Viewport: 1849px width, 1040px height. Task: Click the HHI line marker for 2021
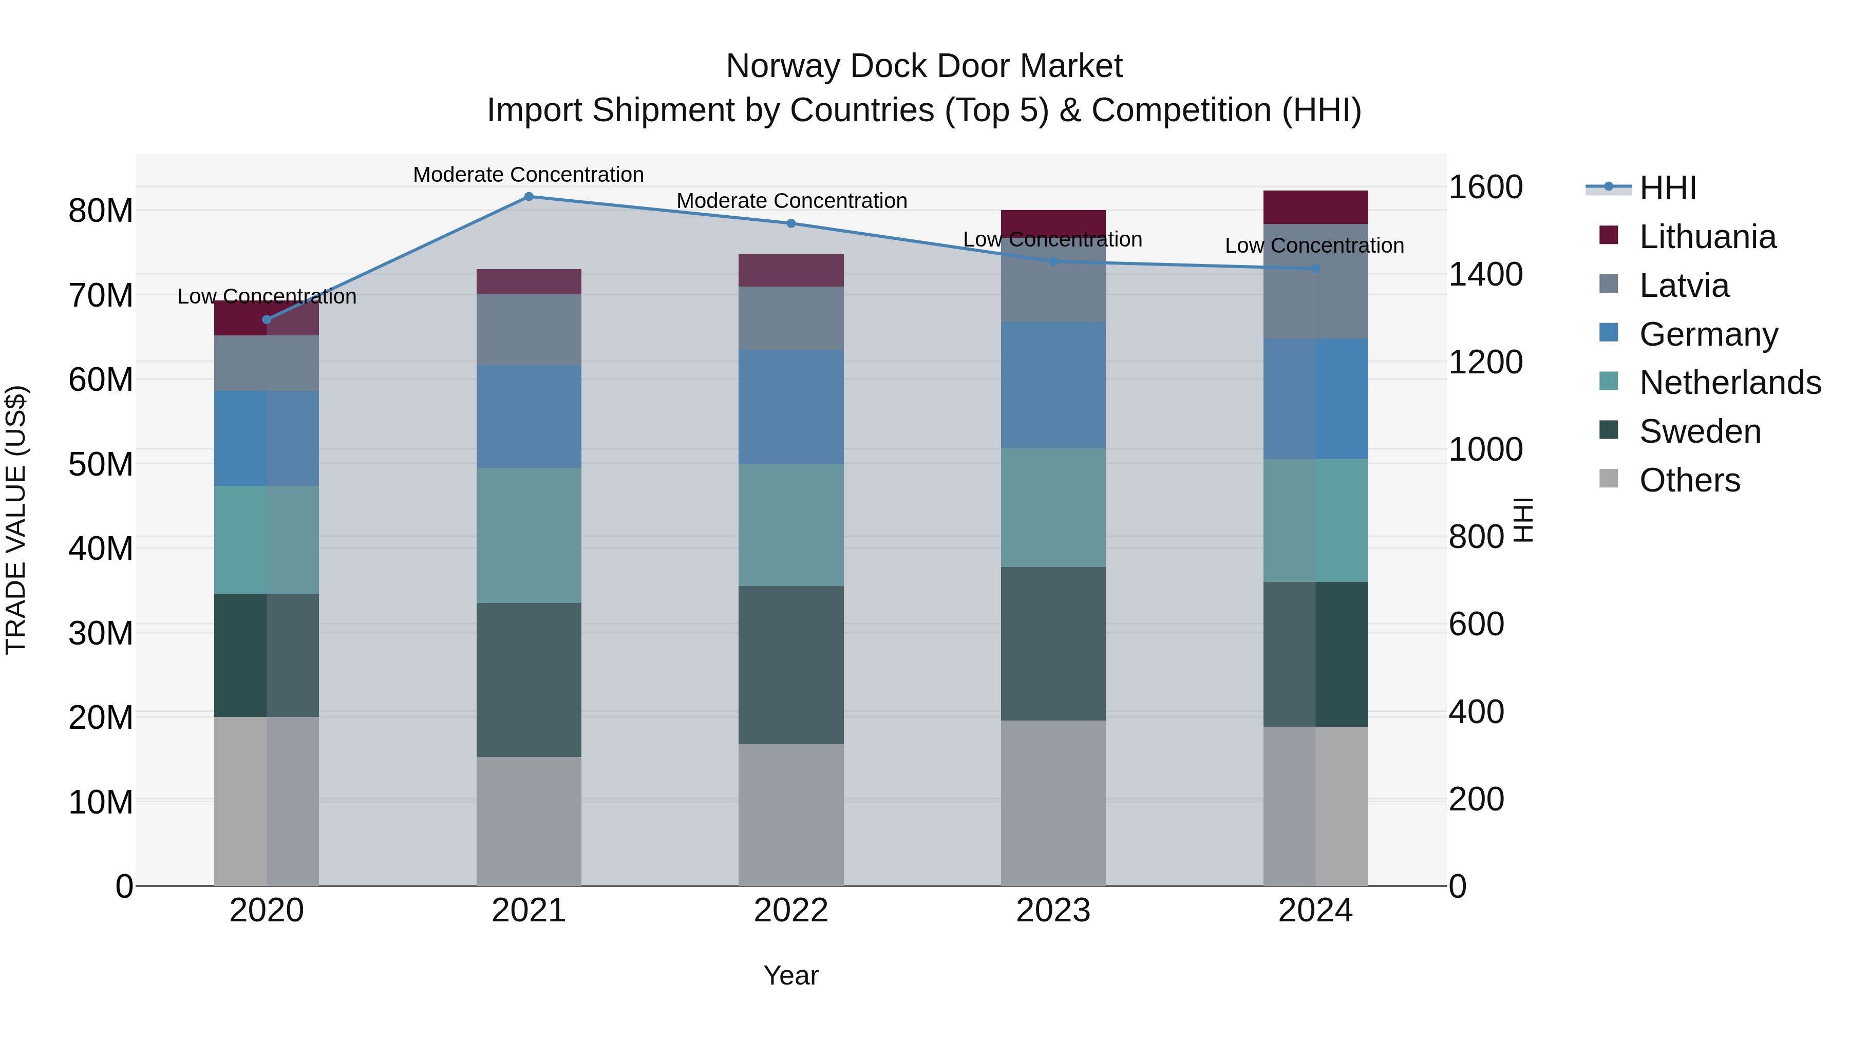pos(529,197)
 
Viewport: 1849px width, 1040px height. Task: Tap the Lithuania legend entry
pos(1707,237)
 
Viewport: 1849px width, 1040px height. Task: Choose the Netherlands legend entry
pos(1730,383)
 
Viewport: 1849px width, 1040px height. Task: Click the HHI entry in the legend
pos(1667,188)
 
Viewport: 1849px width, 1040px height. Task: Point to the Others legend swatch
pos(1609,479)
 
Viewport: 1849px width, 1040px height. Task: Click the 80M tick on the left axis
pos(101,211)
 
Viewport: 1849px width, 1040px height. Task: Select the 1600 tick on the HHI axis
pos(1485,187)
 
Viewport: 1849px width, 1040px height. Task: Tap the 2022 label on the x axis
pos(791,911)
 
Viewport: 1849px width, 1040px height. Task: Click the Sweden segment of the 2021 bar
pos(529,679)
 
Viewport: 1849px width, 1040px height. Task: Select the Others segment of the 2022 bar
pos(791,814)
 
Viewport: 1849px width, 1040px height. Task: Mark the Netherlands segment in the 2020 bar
pos(266,540)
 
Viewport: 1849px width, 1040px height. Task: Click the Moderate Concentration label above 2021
pos(529,175)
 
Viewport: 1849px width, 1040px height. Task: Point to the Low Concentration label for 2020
pos(266,296)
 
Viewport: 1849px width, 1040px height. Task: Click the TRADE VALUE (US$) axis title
pos(16,520)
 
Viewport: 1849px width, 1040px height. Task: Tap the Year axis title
pos(791,975)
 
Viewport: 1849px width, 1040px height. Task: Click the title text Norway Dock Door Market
pos(924,66)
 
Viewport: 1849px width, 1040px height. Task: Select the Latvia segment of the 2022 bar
pos(791,318)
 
